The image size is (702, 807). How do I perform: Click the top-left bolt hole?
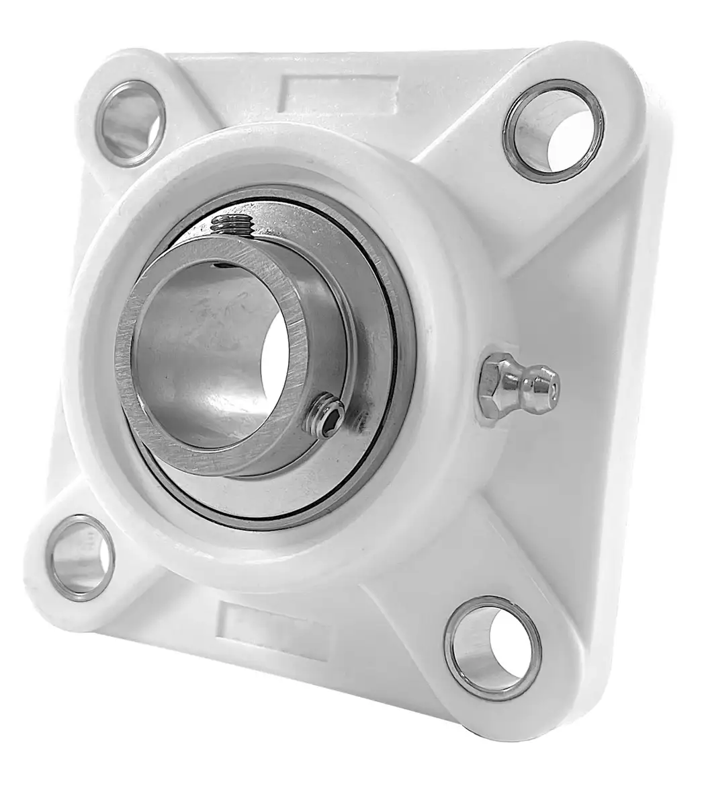(x=123, y=122)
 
